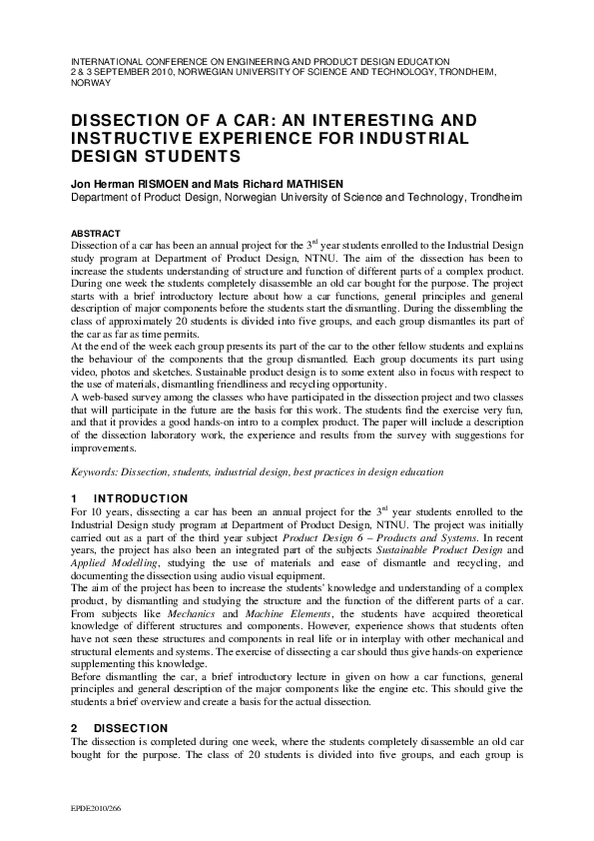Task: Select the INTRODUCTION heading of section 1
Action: pyautogui.click(x=141, y=497)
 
